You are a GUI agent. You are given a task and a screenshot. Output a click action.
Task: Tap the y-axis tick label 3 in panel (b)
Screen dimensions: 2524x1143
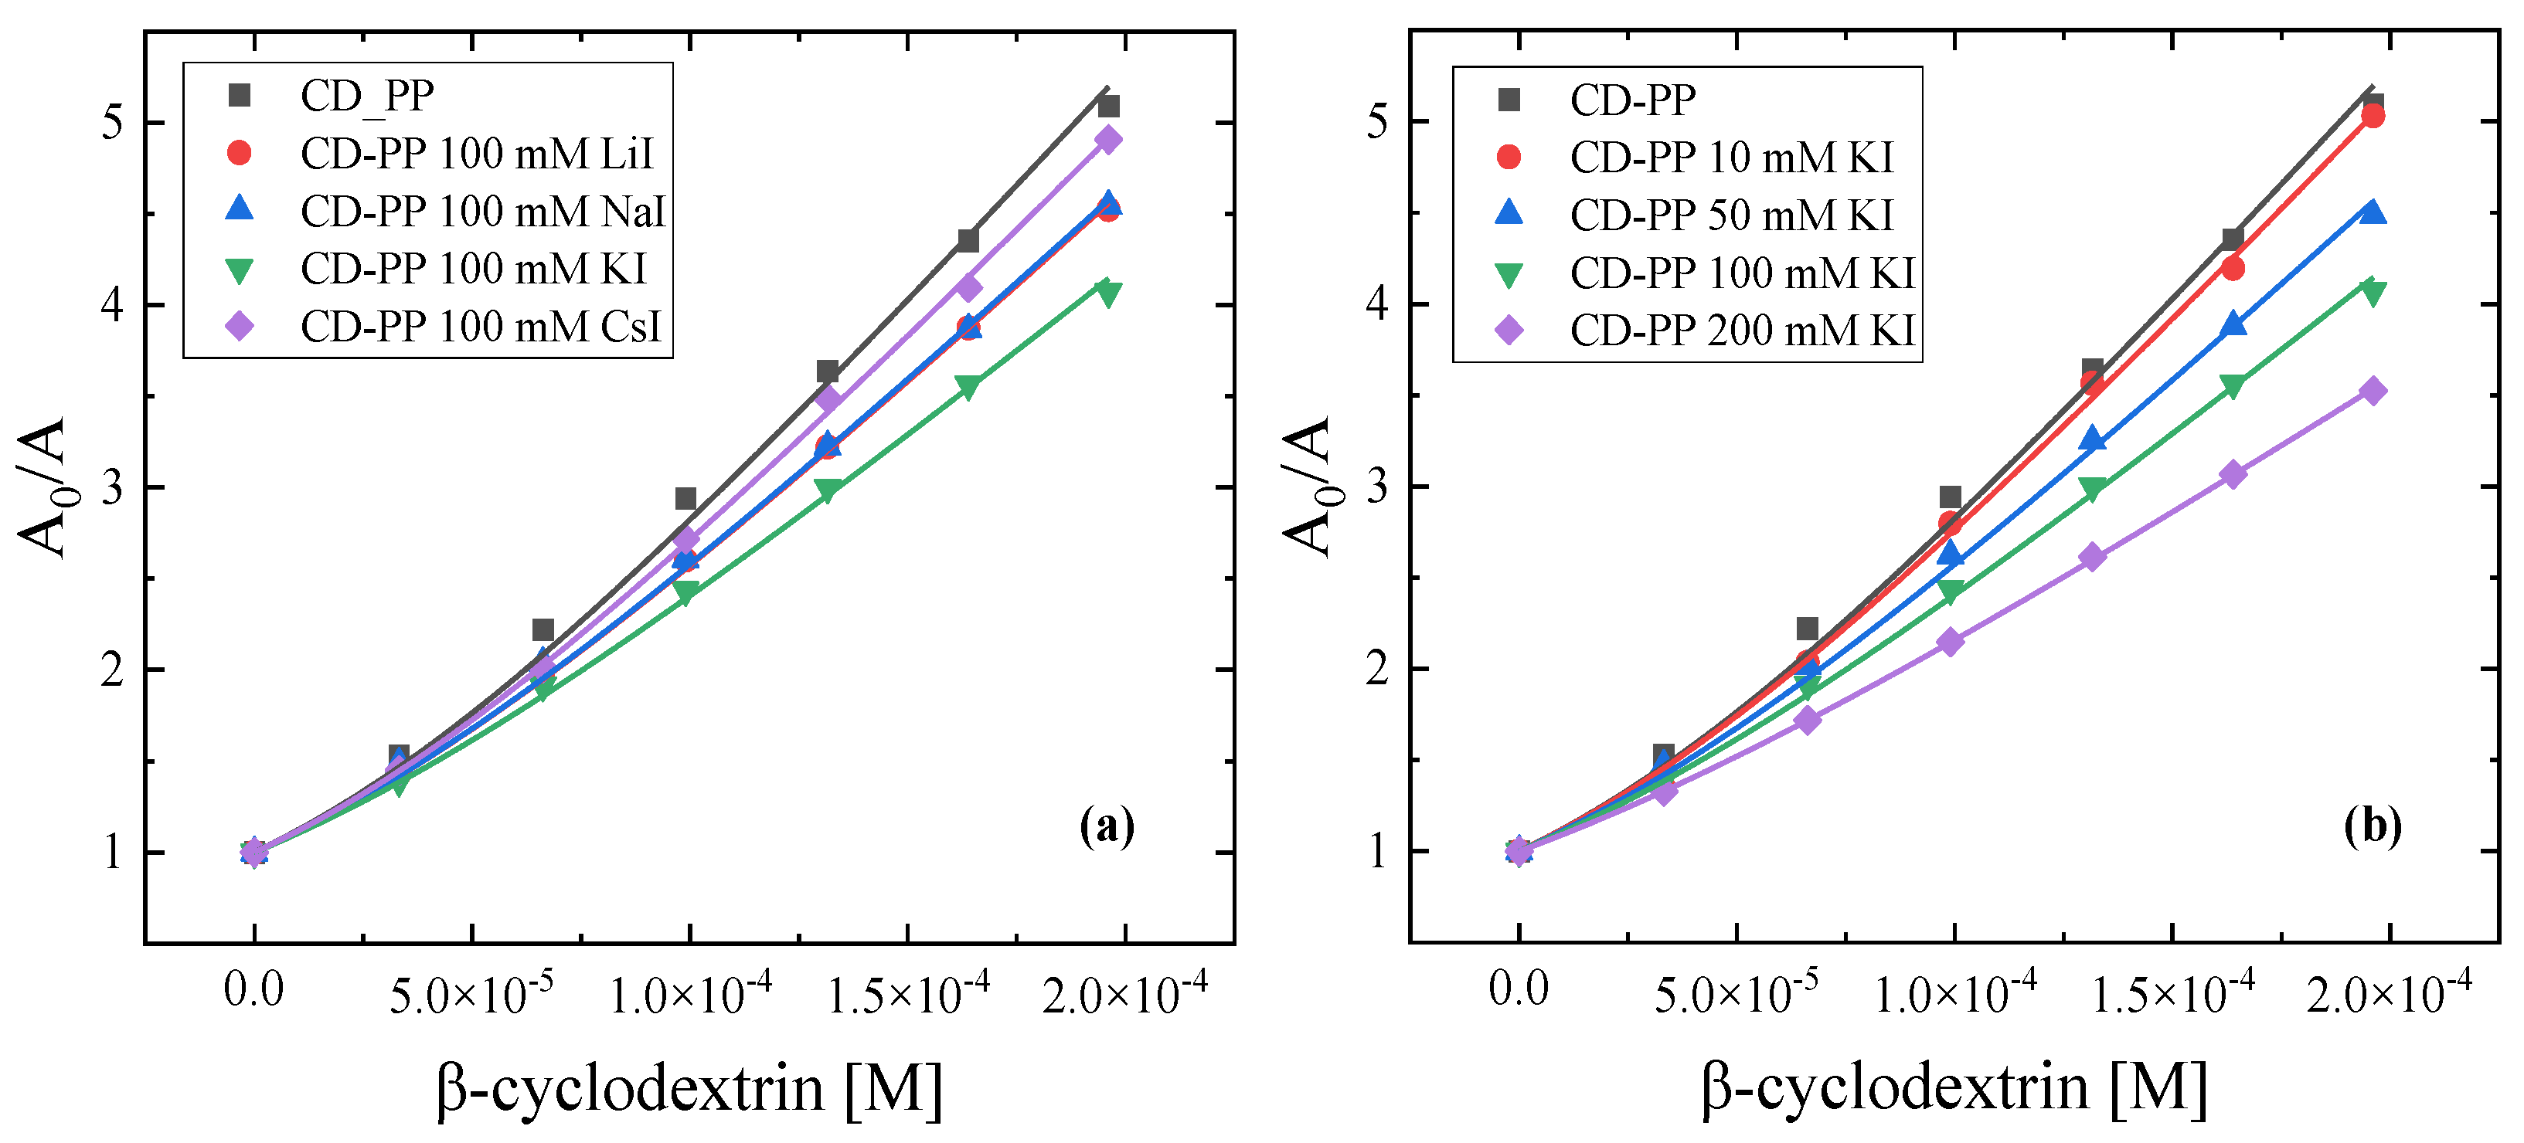click(x=1378, y=487)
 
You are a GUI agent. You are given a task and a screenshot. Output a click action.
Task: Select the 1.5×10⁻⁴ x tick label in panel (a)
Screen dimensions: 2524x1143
click(x=908, y=991)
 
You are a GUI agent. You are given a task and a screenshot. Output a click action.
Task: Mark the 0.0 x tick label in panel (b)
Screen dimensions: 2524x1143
click(x=1519, y=989)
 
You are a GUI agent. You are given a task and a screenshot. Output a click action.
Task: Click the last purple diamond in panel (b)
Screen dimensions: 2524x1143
click(x=2372, y=392)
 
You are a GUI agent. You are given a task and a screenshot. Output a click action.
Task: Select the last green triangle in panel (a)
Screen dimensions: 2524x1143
click(x=1108, y=293)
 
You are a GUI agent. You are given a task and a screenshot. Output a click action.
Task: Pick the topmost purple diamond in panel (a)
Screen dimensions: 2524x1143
click(x=1108, y=140)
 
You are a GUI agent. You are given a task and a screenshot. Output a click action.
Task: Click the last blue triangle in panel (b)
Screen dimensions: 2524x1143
click(x=2372, y=211)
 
